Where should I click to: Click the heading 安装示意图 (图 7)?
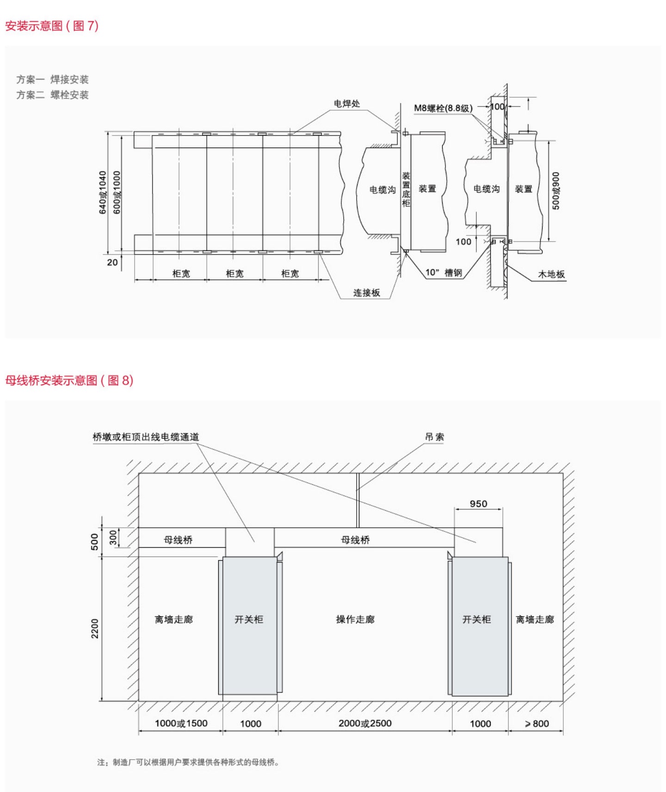click(51, 25)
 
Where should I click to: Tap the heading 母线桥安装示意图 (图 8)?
click(69, 380)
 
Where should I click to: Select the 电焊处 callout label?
click(347, 104)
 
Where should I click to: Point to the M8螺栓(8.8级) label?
click(443, 108)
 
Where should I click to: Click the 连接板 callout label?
click(366, 293)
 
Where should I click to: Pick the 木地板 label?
click(551, 274)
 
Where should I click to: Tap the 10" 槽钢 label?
click(444, 272)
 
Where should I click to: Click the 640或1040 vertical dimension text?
click(103, 192)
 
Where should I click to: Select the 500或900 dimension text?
click(556, 191)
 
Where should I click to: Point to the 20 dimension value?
click(112, 262)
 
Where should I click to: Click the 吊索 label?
click(434, 437)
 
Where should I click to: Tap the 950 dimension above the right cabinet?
click(478, 504)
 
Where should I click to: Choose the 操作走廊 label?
click(355, 619)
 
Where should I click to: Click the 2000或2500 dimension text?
click(365, 724)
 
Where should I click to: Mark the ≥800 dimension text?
click(536, 724)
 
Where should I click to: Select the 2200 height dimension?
click(95, 628)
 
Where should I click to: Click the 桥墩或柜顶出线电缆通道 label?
click(146, 437)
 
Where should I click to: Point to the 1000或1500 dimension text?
click(181, 724)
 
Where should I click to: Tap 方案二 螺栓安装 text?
click(52, 95)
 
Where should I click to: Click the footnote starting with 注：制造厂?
click(188, 762)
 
